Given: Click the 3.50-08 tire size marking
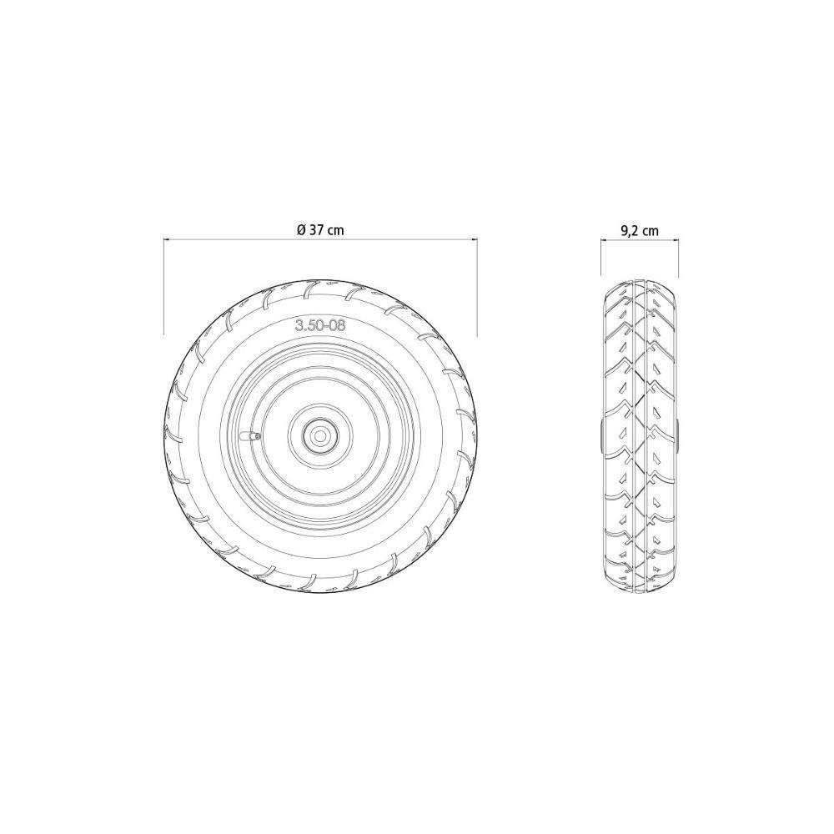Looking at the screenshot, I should coord(320,326).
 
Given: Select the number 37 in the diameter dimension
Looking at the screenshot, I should coord(317,231).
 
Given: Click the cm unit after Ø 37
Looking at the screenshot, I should coord(335,231).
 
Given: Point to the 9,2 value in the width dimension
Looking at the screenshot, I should coord(630,231).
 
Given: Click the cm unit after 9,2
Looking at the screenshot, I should coord(651,231).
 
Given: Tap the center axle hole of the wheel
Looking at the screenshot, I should coord(320,434).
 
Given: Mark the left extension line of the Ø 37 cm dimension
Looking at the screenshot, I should coord(163,284).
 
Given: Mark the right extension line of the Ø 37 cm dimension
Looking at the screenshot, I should coord(476,284).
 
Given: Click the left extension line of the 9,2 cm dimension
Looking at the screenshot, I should coord(601,259).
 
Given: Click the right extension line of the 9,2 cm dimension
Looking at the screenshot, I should coord(678,259).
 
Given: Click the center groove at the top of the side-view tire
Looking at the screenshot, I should coord(640,288).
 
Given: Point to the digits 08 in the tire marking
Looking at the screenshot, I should coord(336,326).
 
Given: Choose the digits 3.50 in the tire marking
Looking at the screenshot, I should coord(309,326).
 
